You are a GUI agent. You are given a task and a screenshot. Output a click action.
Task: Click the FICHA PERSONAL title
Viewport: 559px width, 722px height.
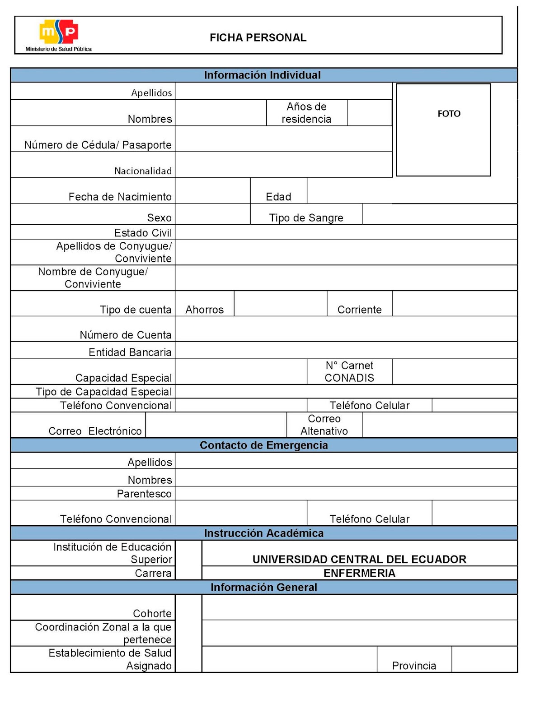coord(258,37)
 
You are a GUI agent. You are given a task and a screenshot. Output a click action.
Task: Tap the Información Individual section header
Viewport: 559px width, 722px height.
coord(262,75)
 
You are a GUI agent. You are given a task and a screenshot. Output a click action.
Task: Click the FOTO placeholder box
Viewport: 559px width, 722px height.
coord(443,130)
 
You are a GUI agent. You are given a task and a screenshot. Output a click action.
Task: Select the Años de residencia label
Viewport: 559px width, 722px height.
coord(306,113)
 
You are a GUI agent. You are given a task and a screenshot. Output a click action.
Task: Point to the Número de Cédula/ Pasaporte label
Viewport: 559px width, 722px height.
coord(98,145)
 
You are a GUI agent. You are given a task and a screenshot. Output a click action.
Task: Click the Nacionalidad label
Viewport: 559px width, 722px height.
coord(143,171)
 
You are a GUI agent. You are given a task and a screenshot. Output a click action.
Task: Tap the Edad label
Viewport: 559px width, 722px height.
coord(278,197)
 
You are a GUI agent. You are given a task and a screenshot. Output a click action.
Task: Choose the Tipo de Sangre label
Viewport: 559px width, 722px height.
coord(306,218)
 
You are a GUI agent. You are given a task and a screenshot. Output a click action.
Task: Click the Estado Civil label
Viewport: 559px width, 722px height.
coord(143,233)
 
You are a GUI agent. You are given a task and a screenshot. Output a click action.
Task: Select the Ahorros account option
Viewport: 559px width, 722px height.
coord(205,310)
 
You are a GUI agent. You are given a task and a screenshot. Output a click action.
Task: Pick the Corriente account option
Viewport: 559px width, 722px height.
coord(360,310)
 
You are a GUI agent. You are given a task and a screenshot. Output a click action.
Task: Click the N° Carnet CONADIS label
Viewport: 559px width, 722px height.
coord(349,371)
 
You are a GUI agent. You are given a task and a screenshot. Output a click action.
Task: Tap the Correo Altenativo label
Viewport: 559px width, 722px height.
coord(324,425)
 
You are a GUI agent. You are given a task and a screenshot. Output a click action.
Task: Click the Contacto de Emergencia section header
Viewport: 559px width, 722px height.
coord(264,445)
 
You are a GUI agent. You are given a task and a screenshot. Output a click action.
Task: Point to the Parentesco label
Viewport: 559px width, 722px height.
coord(144,494)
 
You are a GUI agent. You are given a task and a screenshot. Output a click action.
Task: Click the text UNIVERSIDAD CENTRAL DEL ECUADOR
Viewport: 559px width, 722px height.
coord(359,560)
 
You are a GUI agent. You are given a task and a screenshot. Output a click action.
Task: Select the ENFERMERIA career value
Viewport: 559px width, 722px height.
coord(359,573)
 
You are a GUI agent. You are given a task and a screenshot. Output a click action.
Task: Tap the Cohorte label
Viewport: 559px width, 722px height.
coord(152,614)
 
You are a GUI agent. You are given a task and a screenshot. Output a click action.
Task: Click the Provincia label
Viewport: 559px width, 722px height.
coord(414,666)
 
